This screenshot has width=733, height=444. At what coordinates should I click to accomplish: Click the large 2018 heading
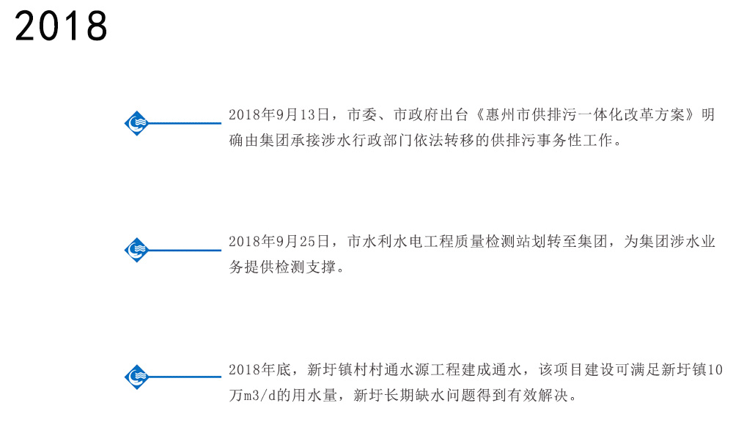pyautogui.click(x=62, y=28)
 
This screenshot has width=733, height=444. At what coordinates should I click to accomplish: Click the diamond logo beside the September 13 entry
pyautogui.click(x=136, y=123)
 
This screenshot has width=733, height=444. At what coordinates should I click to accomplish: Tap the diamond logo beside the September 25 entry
pyautogui.click(x=136, y=251)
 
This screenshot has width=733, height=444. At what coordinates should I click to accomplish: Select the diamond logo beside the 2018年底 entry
pyautogui.click(x=136, y=377)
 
